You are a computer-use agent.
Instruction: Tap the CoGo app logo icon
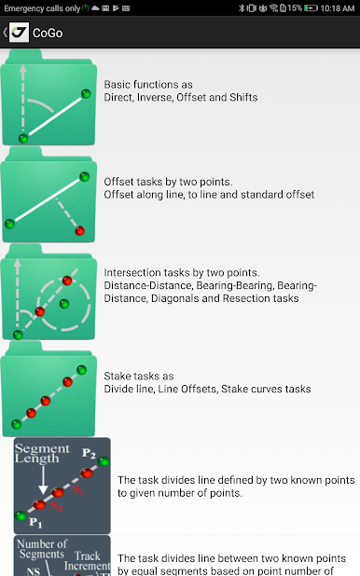(19, 33)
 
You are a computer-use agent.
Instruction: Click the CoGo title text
(48, 33)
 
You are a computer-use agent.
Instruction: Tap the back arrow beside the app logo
(5, 33)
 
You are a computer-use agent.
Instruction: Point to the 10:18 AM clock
(338, 8)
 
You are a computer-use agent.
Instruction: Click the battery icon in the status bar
(311, 8)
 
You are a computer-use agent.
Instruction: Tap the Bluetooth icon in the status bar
(242, 8)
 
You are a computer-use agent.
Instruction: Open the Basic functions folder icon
(48, 97)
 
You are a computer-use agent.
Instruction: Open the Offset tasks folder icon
(48, 195)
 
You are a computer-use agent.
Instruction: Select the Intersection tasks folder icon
(48, 292)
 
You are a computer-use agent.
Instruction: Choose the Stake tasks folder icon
(48, 389)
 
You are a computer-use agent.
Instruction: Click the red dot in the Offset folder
(80, 231)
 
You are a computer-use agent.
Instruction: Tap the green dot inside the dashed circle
(64, 304)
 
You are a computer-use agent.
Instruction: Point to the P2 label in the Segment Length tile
(89, 453)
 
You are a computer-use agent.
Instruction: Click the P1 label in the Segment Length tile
(35, 522)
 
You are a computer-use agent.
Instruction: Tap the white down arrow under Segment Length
(43, 480)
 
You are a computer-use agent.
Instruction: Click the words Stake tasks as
(139, 377)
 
